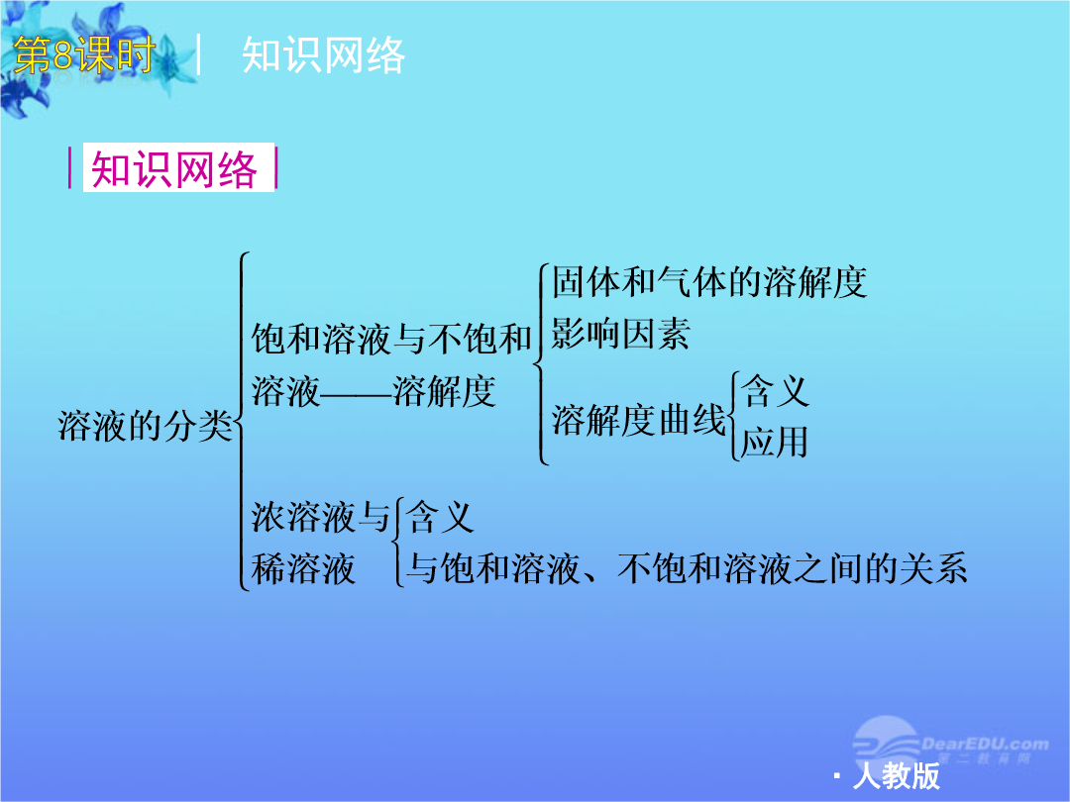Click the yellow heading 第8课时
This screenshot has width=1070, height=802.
84,54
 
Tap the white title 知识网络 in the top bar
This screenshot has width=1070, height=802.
323,54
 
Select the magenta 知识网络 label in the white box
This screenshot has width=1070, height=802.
174,168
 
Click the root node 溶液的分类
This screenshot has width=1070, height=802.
146,426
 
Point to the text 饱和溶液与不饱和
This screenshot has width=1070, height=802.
391,339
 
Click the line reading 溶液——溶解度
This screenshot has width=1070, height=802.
374,391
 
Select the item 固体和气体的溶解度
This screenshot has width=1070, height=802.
709,281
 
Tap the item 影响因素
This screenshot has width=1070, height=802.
620,334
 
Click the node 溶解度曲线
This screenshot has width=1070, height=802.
639,419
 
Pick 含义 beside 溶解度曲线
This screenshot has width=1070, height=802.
775,391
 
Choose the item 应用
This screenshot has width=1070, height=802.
775,442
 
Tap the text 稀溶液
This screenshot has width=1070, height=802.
303,568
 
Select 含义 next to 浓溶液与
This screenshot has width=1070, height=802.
440,516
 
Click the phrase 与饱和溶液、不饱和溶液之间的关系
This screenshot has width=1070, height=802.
687,568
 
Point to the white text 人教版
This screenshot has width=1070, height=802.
897,775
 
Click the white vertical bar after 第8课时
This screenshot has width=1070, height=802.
198,53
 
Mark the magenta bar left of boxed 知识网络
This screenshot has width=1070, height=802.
70,168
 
